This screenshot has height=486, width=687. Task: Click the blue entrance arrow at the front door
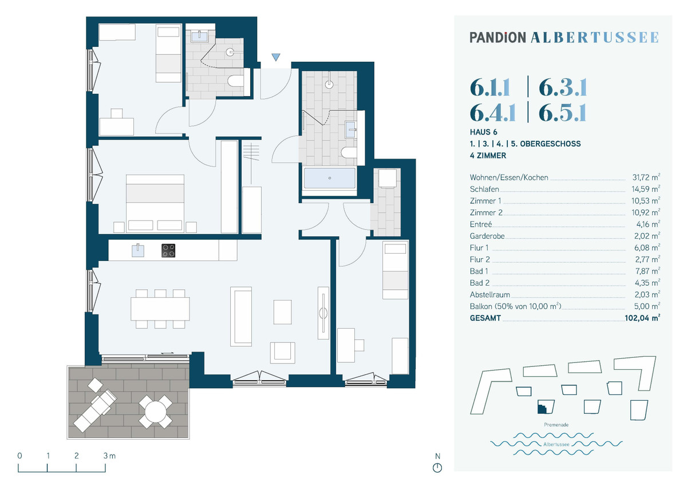pyautogui.click(x=276, y=57)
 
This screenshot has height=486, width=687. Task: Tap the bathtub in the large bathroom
pyautogui.click(x=329, y=179)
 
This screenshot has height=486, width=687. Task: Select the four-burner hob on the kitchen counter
pyautogui.click(x=168, y=250)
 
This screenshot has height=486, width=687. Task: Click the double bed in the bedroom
pyautogui.click(x=155, y=203)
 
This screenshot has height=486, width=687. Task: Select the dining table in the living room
pyautogui.click(x=160, y=309)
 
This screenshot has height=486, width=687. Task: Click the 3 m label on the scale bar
pyautogui.click(x=108, y=456)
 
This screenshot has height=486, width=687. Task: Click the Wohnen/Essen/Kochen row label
pyautogui.click(x=508, y=178)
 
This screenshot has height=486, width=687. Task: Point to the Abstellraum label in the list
pyautogui.click(x=489, y=295)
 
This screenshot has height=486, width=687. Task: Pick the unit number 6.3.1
pyautogui.click(x=563, y=88)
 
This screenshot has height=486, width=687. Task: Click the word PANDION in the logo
pyautogui.click(x=498, y=38)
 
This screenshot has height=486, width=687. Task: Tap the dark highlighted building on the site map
pyautogui.click(x=542, y=408)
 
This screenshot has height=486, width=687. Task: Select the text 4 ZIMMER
pyautogui.click(x=488, y=155)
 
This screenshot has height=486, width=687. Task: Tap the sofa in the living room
pyautogui.click(x=241, y=317)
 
